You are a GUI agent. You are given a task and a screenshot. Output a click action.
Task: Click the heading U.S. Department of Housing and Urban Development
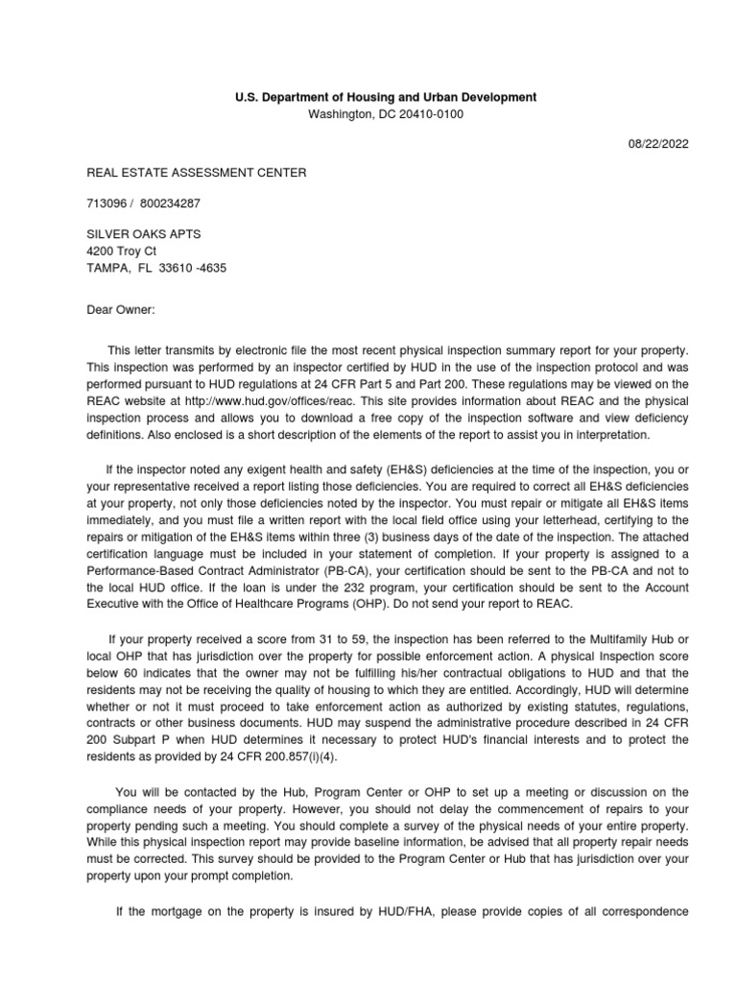[x=386, y=98]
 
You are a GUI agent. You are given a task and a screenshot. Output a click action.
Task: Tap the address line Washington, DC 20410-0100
[x=386, y=114]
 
